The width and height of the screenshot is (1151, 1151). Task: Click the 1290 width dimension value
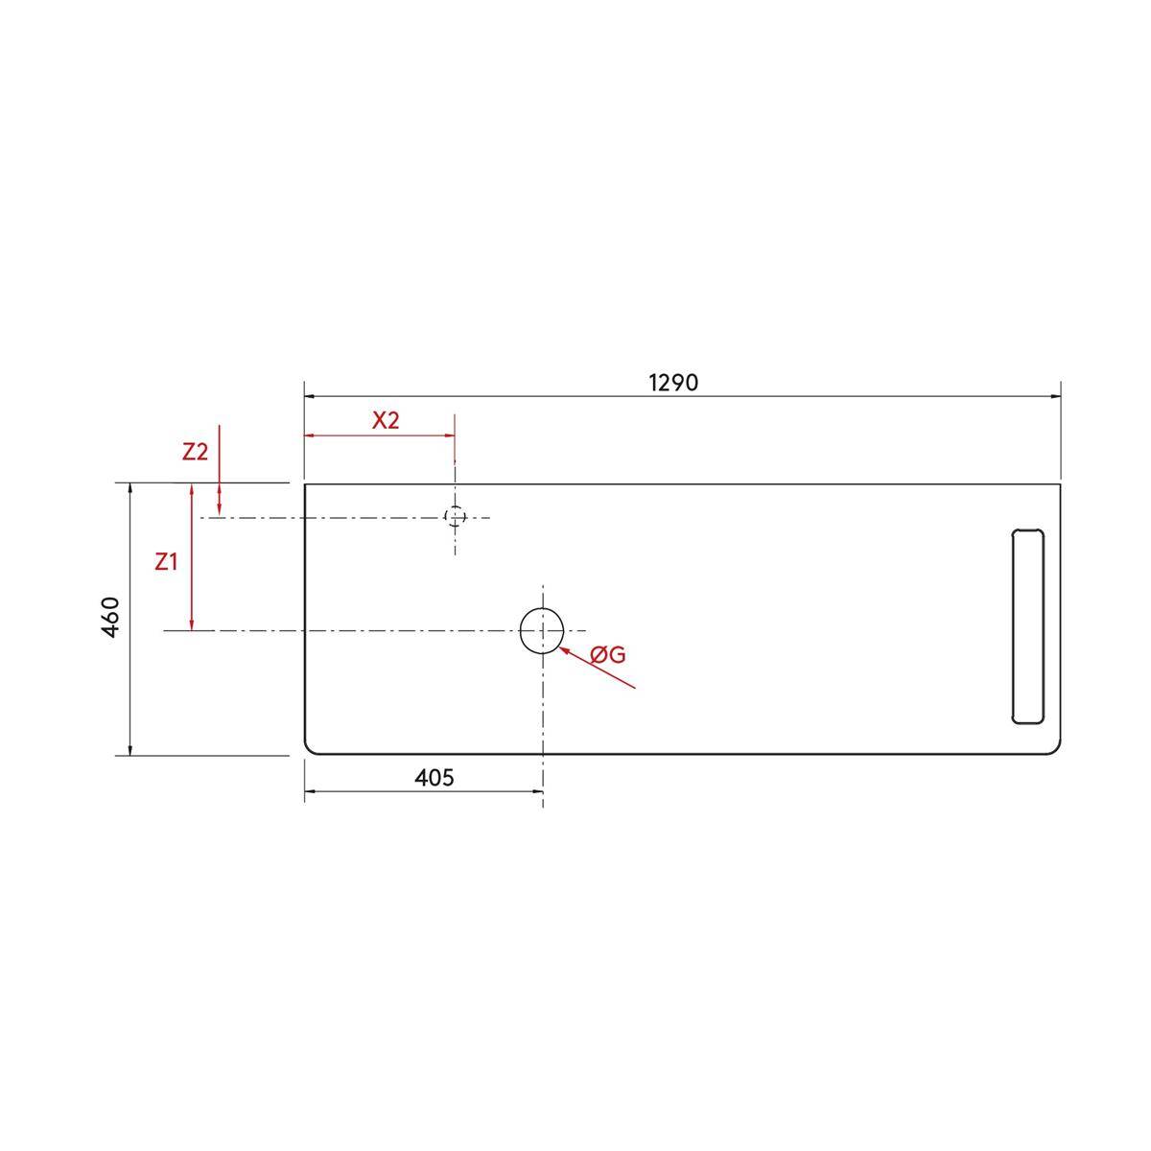click(673, 383)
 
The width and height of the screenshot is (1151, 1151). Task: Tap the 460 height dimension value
click(111, 617)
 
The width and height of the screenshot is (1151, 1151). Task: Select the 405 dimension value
click(435, 778)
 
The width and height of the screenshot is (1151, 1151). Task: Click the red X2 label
click(386, 420)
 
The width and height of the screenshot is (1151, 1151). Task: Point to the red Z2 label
click(196, 452)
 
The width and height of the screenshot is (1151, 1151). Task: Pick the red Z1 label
click(166, 562)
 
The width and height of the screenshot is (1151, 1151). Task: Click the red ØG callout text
click(608, 655)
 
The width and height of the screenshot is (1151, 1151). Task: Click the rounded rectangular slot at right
click(1013, 626)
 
